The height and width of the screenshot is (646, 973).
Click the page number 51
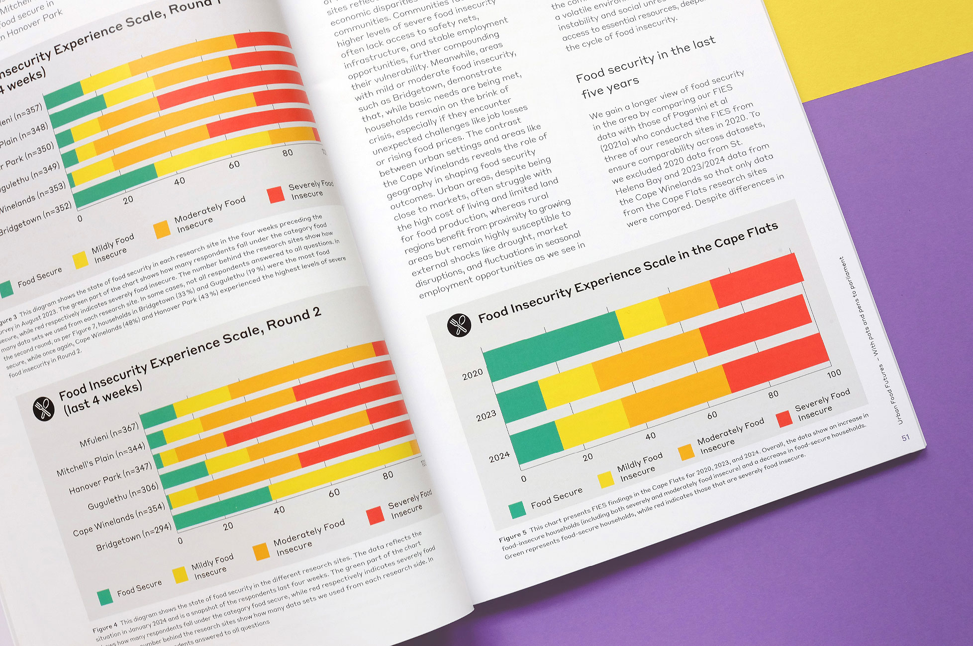905,437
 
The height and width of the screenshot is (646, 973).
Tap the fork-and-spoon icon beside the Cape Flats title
459,325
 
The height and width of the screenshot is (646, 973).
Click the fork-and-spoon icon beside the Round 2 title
43,408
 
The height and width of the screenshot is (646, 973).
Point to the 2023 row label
486,415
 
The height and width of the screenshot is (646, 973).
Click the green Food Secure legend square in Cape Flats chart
517,509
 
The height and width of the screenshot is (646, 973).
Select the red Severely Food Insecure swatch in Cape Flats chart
784,418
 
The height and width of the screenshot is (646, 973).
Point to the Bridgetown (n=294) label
133,537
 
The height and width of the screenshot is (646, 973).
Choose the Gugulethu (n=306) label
123,495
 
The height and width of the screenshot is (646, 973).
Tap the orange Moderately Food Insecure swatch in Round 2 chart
261,552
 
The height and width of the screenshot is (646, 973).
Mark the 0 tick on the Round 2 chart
180,540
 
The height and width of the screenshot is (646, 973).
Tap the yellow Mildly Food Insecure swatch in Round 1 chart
80,260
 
